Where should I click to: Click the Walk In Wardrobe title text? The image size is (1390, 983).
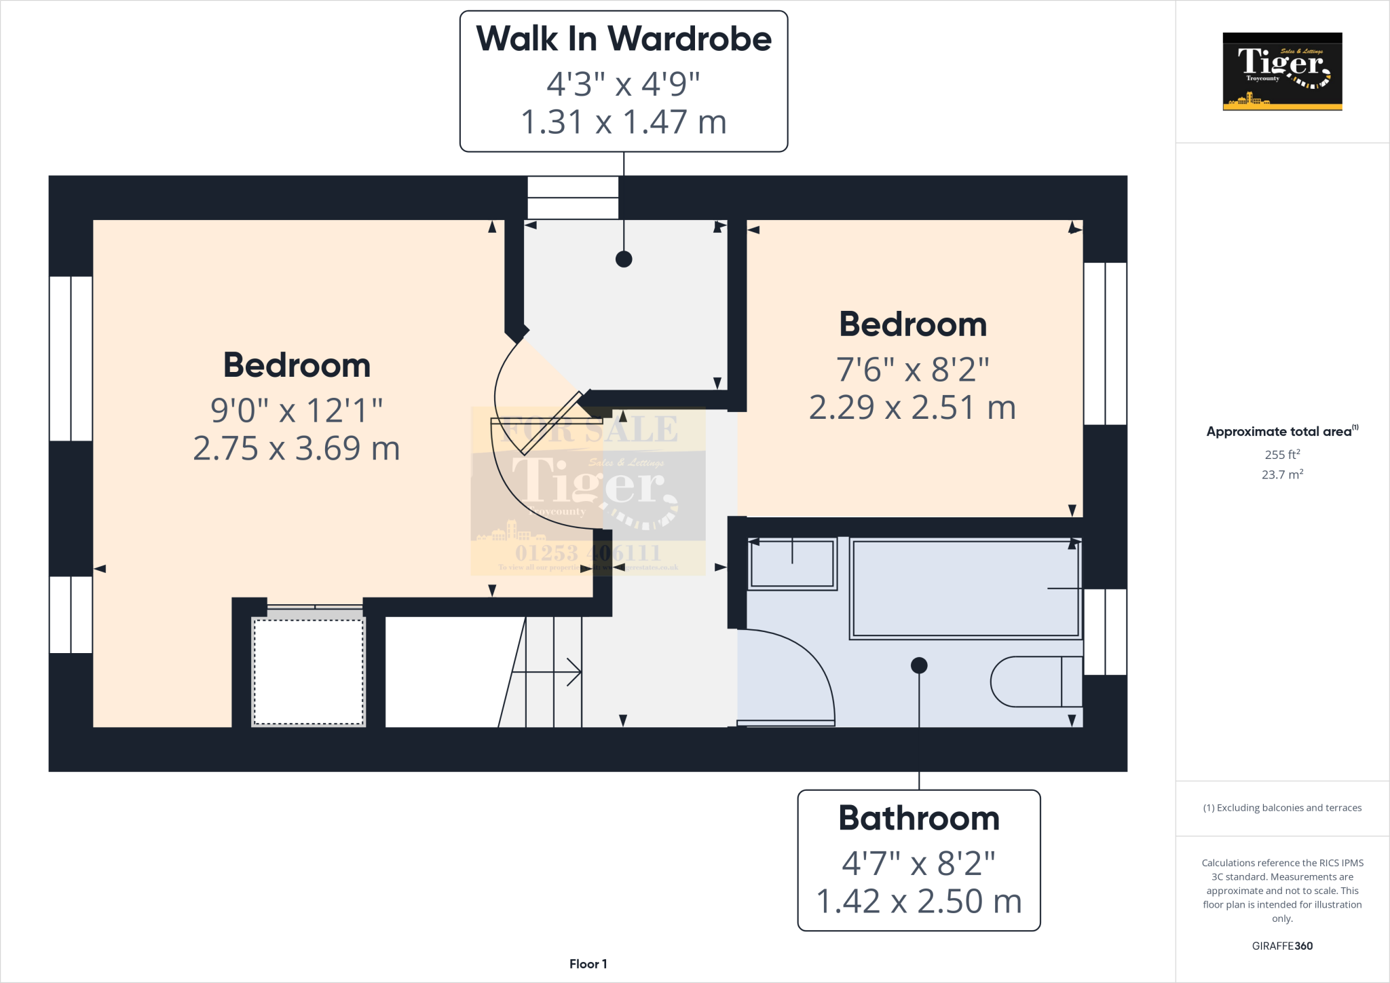623,39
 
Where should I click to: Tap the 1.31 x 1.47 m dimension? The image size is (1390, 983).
623,122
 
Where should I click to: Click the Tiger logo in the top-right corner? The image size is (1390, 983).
1282,71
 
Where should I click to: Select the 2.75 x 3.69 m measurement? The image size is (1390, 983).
297,448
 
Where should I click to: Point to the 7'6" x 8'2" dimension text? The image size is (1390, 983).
912,369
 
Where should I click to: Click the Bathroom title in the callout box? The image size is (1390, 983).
919,818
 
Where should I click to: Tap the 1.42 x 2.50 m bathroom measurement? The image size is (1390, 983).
919,902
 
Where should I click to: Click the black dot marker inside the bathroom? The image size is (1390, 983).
919,665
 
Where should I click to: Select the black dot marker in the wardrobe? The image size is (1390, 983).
624,259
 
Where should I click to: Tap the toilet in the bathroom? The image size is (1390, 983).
1032,682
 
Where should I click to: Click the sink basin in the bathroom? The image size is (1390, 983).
792,563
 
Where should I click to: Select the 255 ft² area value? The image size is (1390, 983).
1282,454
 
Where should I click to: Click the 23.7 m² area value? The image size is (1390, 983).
1282,475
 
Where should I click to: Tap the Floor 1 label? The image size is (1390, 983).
588,964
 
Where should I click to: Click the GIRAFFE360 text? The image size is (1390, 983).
1282,946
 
